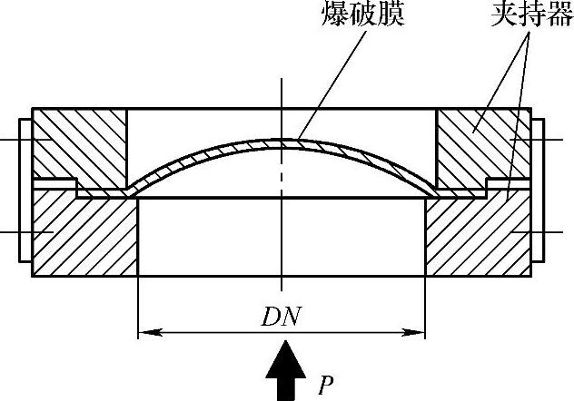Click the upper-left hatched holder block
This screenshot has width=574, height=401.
[x=79, y=145]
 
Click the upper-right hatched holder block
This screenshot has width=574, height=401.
[x=481, y=145]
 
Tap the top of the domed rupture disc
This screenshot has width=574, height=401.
[x=283, y=141]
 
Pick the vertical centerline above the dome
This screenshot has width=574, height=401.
[x=283, y=100]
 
